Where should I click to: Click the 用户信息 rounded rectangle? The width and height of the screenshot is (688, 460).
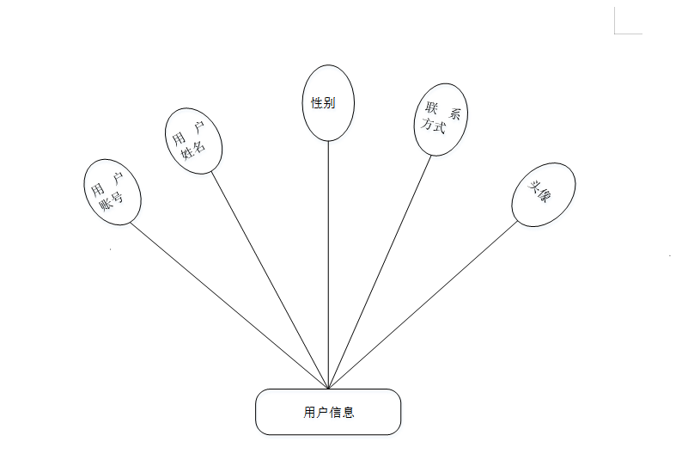(x=328, y=412)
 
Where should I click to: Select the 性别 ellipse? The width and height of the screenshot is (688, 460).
(x=328, y=102)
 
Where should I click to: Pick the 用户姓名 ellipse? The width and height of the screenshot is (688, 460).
(x=193, y=141)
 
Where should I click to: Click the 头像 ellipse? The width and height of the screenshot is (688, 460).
(x=543, y=194)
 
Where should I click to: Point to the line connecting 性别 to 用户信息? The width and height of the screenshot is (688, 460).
(x=328, y=258)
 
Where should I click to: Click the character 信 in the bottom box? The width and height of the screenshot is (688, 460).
(x=336, y=412)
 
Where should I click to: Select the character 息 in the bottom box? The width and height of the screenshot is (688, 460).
(x=349, y=412)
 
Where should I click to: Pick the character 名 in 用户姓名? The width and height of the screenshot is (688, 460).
(x=199, y=146)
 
